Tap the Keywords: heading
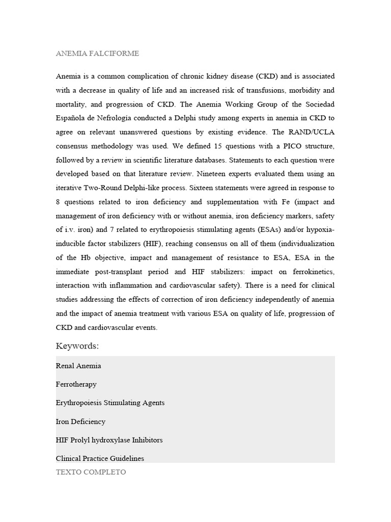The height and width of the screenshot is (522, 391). (x=77, y=346)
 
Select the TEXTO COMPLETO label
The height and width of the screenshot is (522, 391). (x=91, y=472)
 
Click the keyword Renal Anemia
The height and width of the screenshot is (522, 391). (x=78, y=366)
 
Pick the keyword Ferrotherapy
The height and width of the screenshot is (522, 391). (x=76, y=384)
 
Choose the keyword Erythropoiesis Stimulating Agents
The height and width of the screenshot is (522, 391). (x=110, y=403)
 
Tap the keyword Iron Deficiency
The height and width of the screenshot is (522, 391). (x=80, y=422)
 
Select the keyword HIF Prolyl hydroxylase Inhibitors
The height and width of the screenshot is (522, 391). (x=109, y=439)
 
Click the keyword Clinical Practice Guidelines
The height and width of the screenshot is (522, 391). (x=100, y=458)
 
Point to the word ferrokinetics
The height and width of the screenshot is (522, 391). (x=313, y=271)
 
